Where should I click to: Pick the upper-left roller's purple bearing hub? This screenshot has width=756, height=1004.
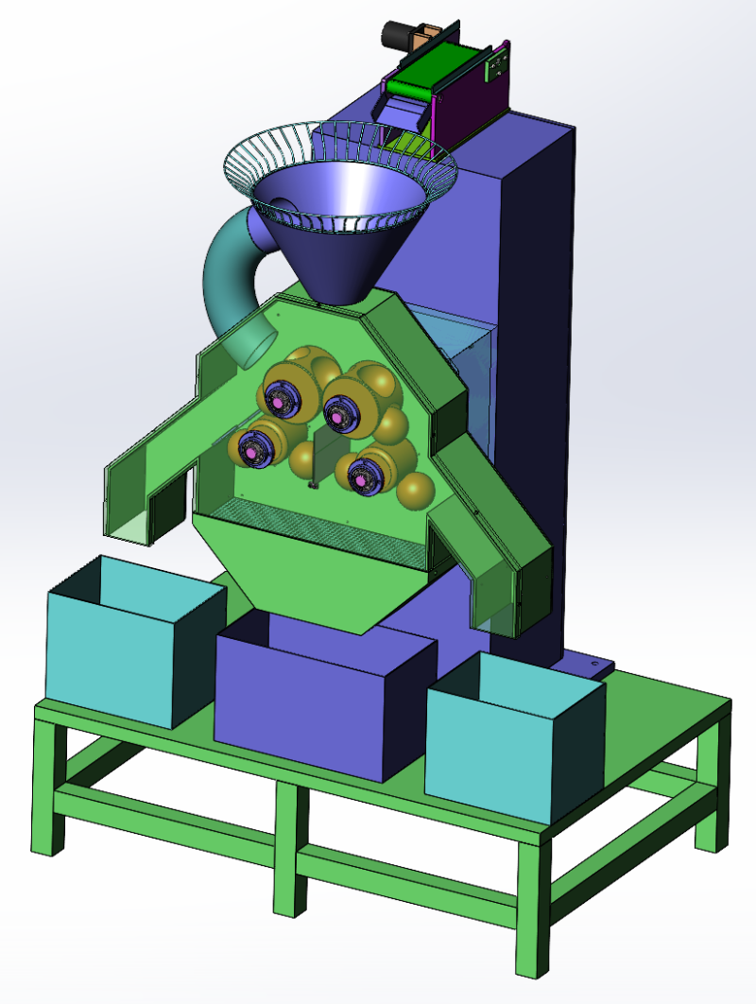(x=281, y=397)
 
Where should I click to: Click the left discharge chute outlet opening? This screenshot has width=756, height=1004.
(x=128, y=526)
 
